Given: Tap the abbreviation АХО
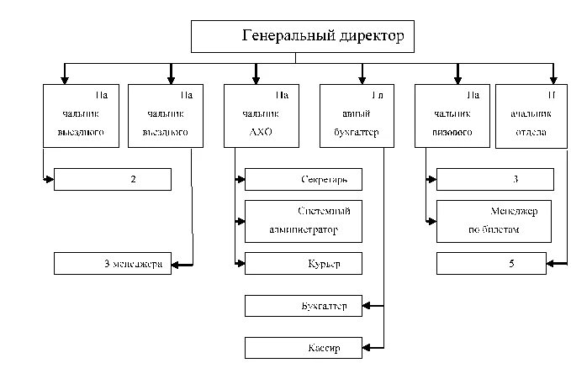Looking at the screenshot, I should [261, 133].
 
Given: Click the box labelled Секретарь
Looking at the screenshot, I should [303, 180].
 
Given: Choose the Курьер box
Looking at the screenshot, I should [303, 264].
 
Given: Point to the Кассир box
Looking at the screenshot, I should [303, 348].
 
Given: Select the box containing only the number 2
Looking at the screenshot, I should [113, 180].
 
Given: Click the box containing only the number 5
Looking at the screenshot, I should [494, 264].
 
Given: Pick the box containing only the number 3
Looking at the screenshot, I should [494, 180].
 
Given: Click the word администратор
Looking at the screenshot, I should [304, 229].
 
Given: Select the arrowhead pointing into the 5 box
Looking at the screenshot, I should [550, 264].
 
